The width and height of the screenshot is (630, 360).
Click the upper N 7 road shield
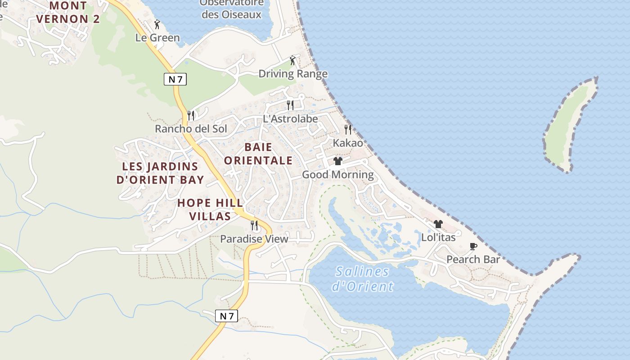tap(175, 80)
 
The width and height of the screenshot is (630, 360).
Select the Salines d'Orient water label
tap(362, 279)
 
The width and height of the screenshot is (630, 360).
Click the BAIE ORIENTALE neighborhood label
tap(258, 154)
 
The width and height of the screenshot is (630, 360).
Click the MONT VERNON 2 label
tap(68, 13)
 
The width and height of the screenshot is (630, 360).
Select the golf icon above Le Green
tap(157, 24)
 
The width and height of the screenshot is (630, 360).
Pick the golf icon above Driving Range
tap(293, 60)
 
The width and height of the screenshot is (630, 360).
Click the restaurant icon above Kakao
tap(347, 130)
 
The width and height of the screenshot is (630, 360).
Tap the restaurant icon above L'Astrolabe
tap(290, 105)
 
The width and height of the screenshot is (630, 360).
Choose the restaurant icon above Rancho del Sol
tap(191, 116)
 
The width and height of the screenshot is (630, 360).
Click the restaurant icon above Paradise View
tap(254, 225)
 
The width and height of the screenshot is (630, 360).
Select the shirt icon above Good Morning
tap(338, 161)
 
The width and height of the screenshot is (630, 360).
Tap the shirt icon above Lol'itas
tap(438, 224)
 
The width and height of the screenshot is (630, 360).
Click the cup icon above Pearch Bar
tap(473, 246)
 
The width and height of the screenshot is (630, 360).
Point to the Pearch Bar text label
tap(473, 260)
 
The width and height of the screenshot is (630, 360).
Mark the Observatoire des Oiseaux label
tap(231, 9)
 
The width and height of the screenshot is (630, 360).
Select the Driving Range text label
tap(293, 74)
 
